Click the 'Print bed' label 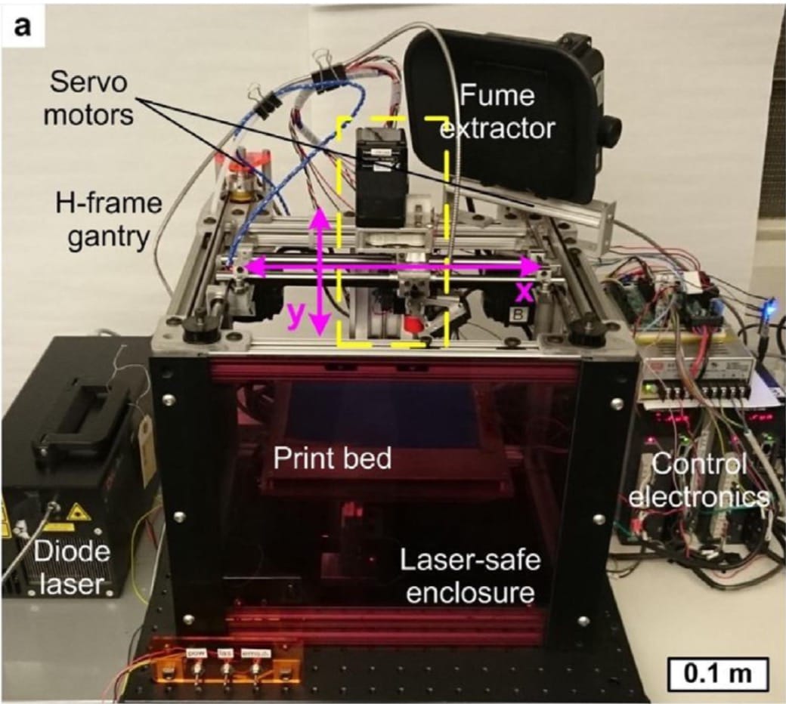click(333, 458)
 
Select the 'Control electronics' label click(700, 480)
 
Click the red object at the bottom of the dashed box click(413, 326)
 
